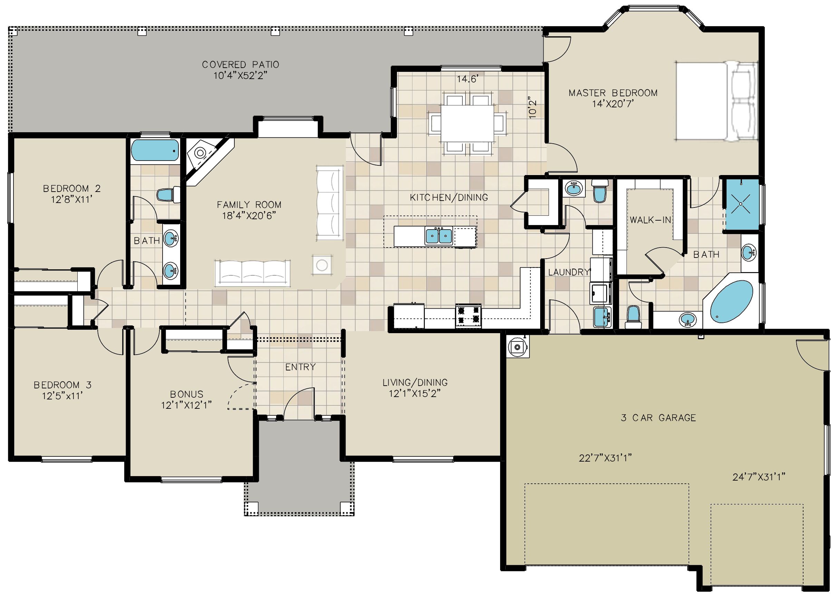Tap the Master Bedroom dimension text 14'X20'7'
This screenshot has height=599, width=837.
click(x=613, y=104)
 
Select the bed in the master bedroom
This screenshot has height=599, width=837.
click(x=716, y=101)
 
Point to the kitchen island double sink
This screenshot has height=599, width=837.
click(x=439, y=236)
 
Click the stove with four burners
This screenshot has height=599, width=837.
click(x=469, y=316)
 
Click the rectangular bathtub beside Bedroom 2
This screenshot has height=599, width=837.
click(x=155, y=151)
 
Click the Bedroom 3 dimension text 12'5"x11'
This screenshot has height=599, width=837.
click(x=62, y=396)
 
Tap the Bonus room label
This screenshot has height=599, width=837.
click(x=187, y=394)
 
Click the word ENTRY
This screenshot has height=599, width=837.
click(x=301, y=367)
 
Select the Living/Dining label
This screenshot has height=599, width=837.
click(x=415, y=383)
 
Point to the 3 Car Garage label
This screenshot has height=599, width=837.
click(x=659, y=418)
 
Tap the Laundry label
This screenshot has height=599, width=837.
click(x=569, y=272)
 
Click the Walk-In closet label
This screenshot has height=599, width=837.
click(x=650, y=220)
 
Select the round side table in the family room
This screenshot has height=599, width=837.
click(x=322, y=265)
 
